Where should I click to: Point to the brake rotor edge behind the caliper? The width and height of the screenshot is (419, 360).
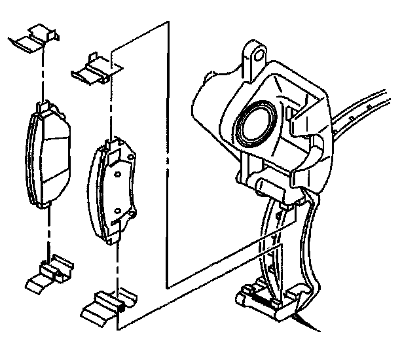[367, 111]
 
